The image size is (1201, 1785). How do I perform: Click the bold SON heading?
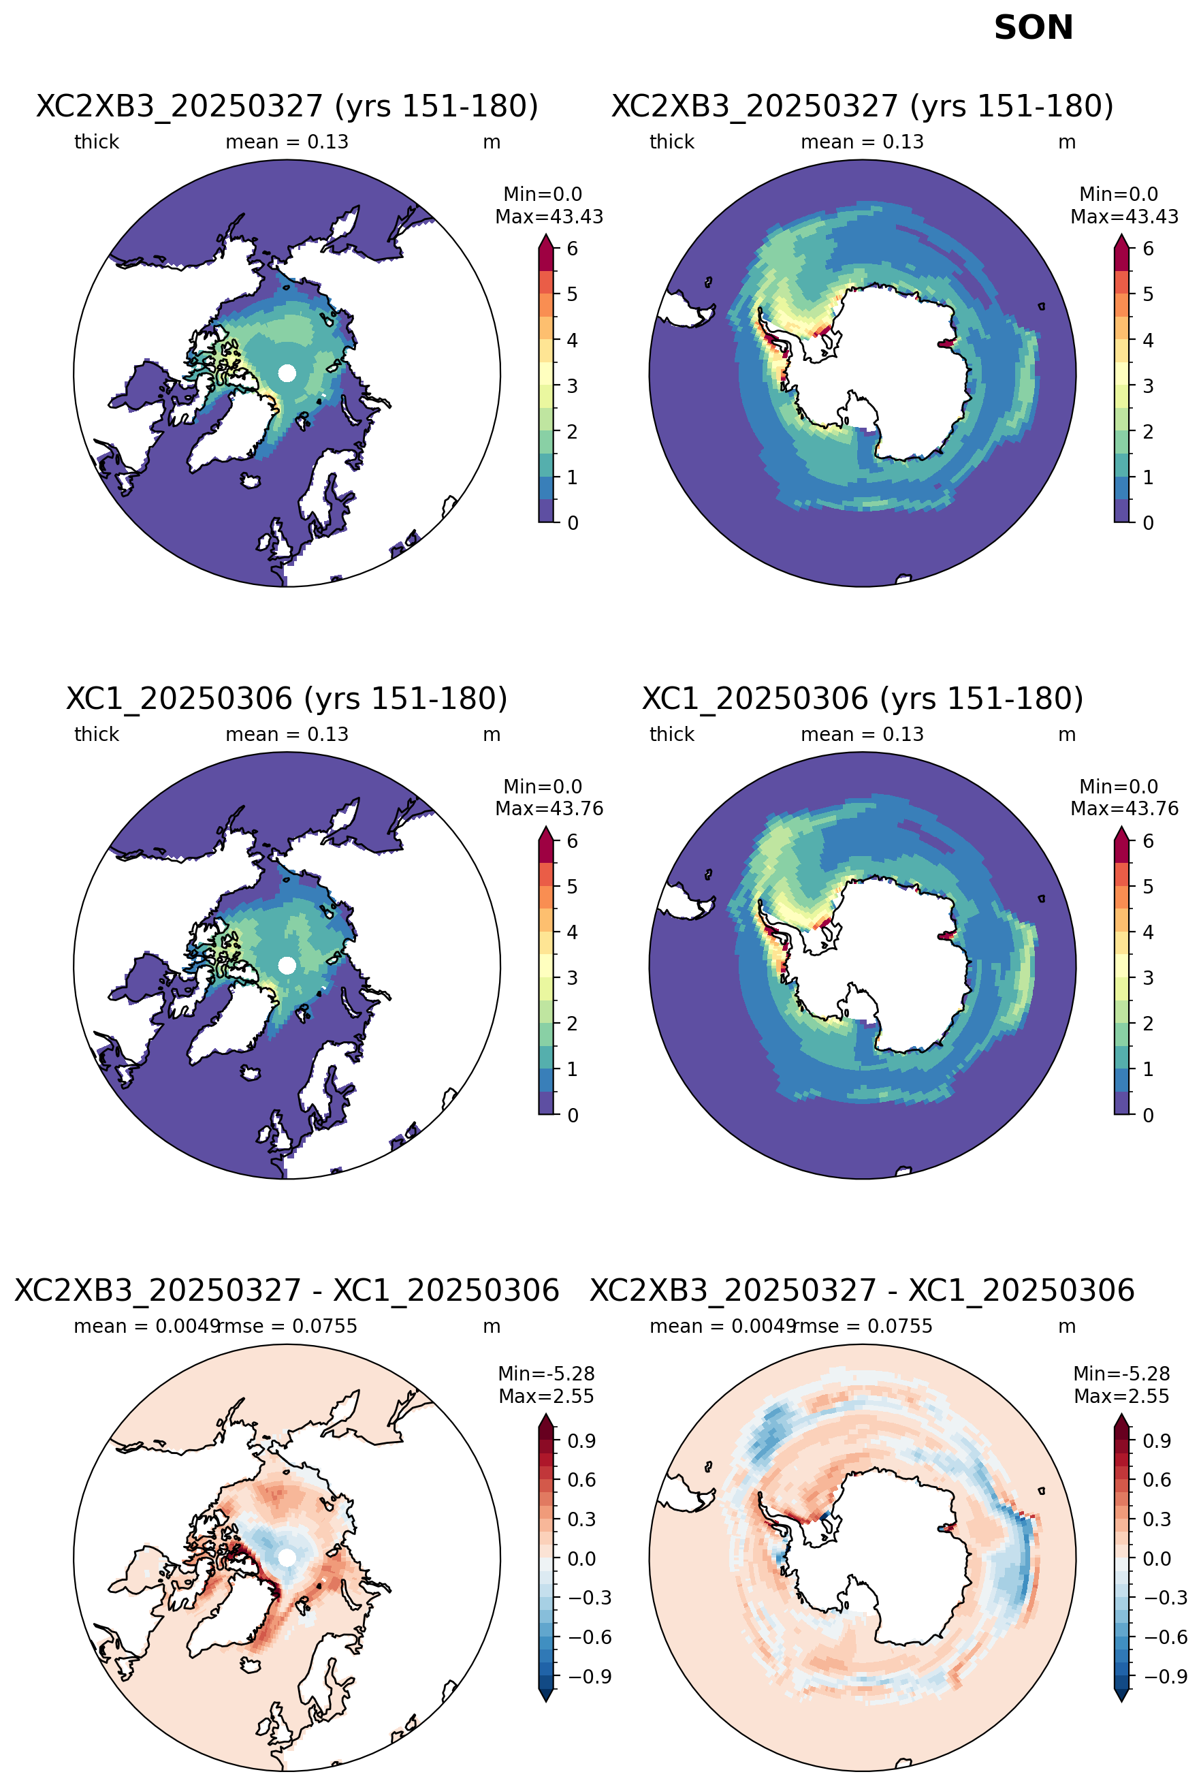pyautogui.click(x=1034, y=29)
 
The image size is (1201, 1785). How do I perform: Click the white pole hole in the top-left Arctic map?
pyautogui.click(x=287, y=373)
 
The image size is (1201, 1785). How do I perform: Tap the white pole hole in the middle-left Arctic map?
pyautogui.click(x=287, y=965)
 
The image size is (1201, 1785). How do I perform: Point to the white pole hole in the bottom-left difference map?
pyautogui.click(x=287, y=1558)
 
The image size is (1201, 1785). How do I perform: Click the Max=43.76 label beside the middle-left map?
pyautogui.click(x=549, y=808)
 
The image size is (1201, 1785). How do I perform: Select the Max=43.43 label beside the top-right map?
pyautogui.click(x=1125, y=217)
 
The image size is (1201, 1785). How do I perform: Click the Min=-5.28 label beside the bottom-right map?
pyautogui.click(x=1121, y=1374)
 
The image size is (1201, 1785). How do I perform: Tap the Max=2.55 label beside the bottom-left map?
pyautogui.click(x=546, y=1396)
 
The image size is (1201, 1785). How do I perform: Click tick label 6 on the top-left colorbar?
pyautogui.click(x=572, y=248)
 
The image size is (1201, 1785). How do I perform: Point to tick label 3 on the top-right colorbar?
pyautogui.click(x=1147, y=385)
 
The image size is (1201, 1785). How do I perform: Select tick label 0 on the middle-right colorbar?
pyautogui.click(x=1147, y=1115)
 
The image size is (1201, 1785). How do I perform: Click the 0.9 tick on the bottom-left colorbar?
pyautogui.click(x=581, y=1441)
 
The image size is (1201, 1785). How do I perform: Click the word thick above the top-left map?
pyautogui.click(x=97, y=142)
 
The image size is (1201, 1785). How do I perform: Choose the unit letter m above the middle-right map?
pyautogui.click(x=1067, y=735)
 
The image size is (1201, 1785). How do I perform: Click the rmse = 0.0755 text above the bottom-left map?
pyautogui.click(x=288, y=1326)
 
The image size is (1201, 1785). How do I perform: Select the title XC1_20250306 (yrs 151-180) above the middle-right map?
pyautogui.click(x=863, y=698)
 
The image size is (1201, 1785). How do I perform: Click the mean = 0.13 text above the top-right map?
pyautogui.click(x=862, y=142)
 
